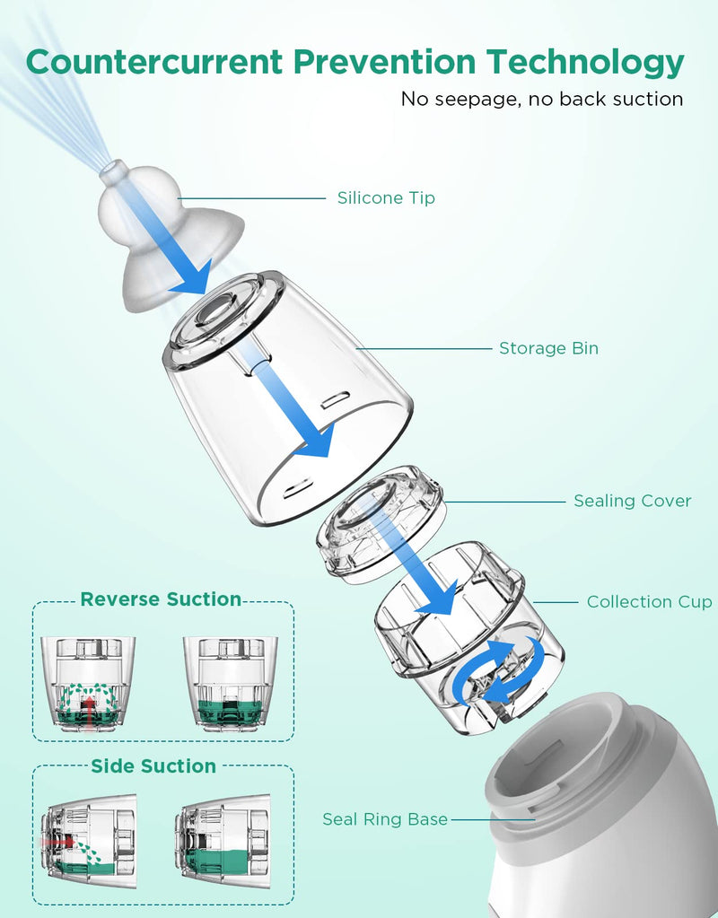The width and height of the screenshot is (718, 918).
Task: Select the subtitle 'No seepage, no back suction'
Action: point(542,99)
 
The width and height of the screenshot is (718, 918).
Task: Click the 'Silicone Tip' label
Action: point(386,198)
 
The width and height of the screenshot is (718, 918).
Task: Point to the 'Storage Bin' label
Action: point(548,348)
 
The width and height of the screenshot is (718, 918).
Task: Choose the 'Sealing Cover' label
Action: point(633,501)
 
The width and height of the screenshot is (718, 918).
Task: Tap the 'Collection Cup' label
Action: point(649,601)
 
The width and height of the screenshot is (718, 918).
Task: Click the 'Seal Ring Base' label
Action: point(385,818)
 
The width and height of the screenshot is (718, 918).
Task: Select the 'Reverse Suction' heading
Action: point(161,599)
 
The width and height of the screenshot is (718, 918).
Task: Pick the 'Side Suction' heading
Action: point(153,765)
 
